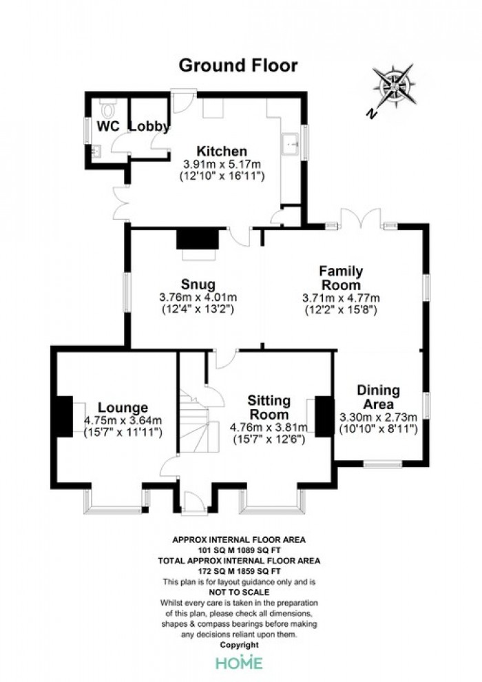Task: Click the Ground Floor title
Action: point(238,65)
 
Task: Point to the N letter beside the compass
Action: point(370,114)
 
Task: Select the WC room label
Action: point(108,126)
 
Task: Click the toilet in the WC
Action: point(107,108)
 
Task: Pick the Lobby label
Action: point(149,126)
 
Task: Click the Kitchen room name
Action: point(222,152)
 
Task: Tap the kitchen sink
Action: point(290,144)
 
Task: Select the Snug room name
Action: point(198,285)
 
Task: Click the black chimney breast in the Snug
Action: point(198,239)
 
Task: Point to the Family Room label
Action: point(341,278)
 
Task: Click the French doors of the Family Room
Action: point(361,218)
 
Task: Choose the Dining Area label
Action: point(378,397)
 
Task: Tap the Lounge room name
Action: point(123,408)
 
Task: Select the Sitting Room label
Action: point(269,407)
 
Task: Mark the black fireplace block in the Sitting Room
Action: point(324,416)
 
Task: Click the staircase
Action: point(196,422)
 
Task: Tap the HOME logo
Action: point(240,663)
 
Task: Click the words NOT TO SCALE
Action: point(239,592)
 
